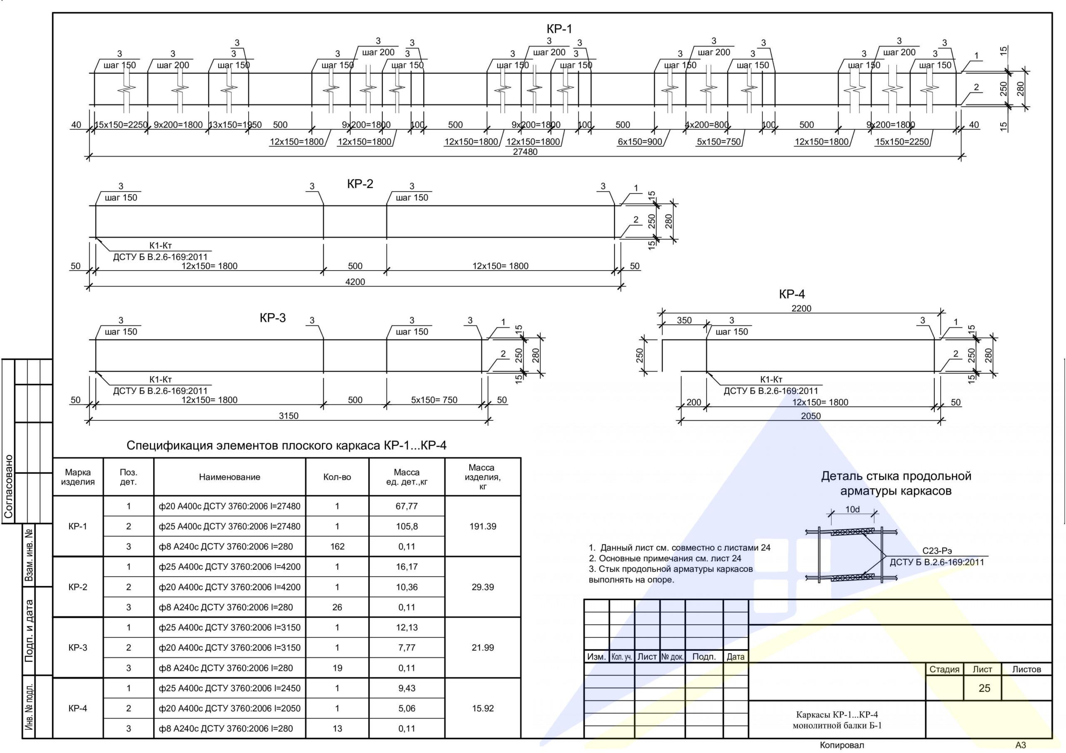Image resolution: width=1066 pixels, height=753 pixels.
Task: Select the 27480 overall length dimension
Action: click(x=525, y=152)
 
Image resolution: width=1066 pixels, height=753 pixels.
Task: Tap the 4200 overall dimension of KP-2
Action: click(x=355, y=282)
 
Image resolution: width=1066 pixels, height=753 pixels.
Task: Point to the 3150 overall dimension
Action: click(x=288, y=416)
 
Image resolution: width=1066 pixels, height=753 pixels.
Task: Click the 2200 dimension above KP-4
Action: click(x=801, y=308)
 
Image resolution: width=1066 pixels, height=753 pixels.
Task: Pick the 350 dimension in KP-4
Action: click(x=684, y=321)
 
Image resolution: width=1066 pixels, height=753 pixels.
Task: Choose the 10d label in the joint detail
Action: click(x=852, y=509)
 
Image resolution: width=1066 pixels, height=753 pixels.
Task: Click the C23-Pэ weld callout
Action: click(x=937, y=551)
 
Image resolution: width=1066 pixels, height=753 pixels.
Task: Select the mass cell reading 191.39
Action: click(x=483, y=527)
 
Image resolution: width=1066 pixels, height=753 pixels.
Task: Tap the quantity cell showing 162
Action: click(x=337, y=547)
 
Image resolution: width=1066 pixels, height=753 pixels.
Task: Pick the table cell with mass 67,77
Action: click(x=407, y=506)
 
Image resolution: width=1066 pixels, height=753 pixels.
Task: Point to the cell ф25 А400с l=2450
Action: click(x=230, y=688)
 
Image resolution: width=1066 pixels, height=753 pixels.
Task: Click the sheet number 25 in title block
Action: click(x=984, y=688)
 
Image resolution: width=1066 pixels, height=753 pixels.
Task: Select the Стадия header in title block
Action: click(x=944, y=669)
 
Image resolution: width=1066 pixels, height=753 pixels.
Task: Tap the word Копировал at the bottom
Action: click(x=842, y=745)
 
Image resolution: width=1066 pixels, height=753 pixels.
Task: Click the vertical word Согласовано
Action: click(x=8, y=486)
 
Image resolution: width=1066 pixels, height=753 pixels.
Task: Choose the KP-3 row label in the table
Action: click(x=77, y=648)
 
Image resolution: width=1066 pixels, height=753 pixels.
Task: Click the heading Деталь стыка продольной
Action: click(x=896, y=476)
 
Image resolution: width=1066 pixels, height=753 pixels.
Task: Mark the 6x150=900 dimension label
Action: click(x=640, y=142)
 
